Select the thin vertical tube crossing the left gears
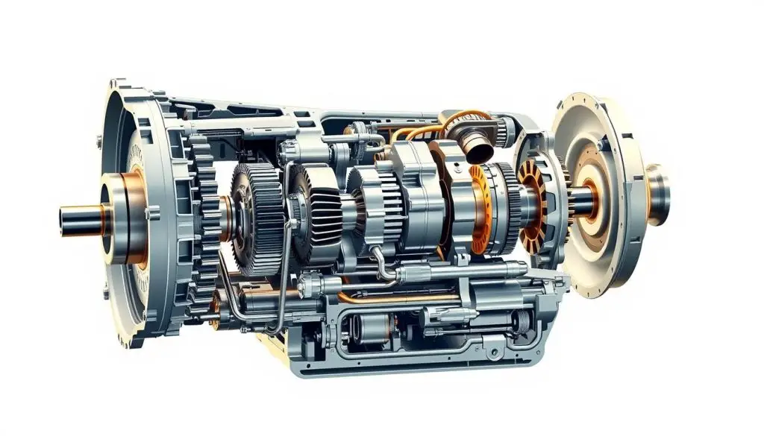284,246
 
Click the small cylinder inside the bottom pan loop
366,328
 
